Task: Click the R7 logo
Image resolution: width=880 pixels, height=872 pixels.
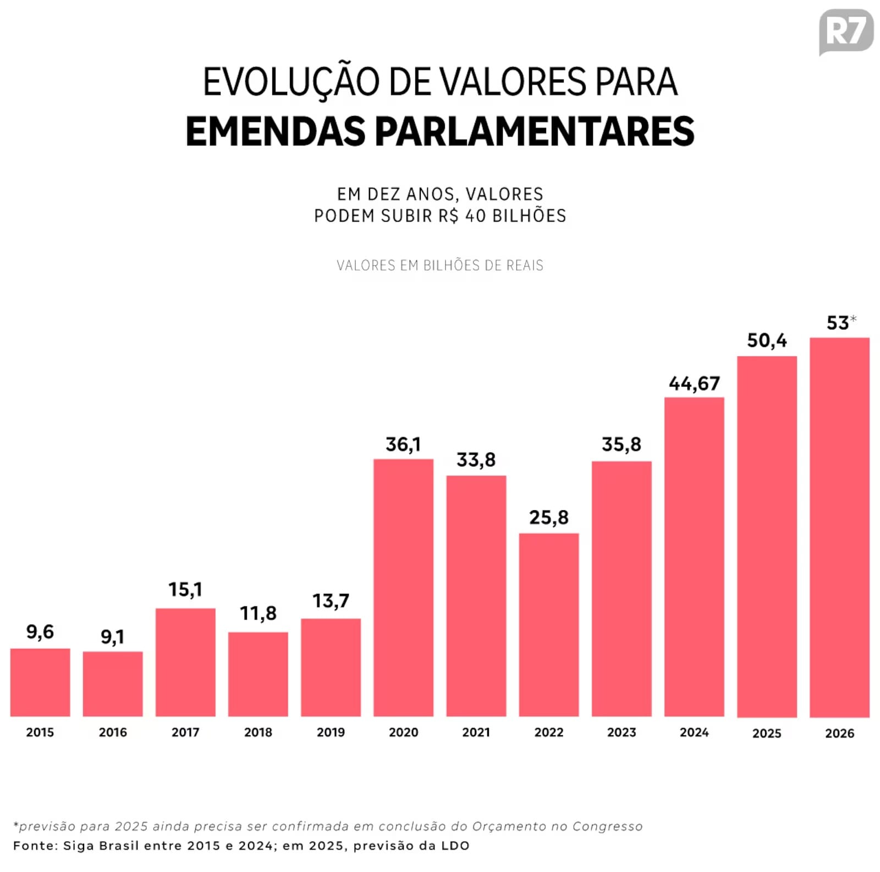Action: pyautogui.click(x=845, y=31)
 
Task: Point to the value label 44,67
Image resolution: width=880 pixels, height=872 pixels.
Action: pyautogui.click(x=694, y=383)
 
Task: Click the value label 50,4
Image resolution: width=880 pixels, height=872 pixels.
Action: pyautogui.click(x=766, y=340)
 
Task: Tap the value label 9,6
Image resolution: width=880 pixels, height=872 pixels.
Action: pyautogui.click(x=40, y=632)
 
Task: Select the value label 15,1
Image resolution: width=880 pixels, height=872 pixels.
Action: pyautogui.click(x=185, y=589)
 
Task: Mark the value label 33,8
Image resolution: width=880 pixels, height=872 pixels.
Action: pyautogui.click(x=476, y=460)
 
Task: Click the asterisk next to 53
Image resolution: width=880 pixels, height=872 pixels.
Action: pyautogui.click(x=853, y=318)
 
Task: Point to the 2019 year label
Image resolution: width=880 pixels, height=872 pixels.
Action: pyautogui.click(x=331, y=732)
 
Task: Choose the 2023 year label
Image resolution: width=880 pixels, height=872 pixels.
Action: pyautogui.click(x=621, y=732)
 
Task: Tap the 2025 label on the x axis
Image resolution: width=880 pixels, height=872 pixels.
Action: pyautogui.click(x=766, y=733)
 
